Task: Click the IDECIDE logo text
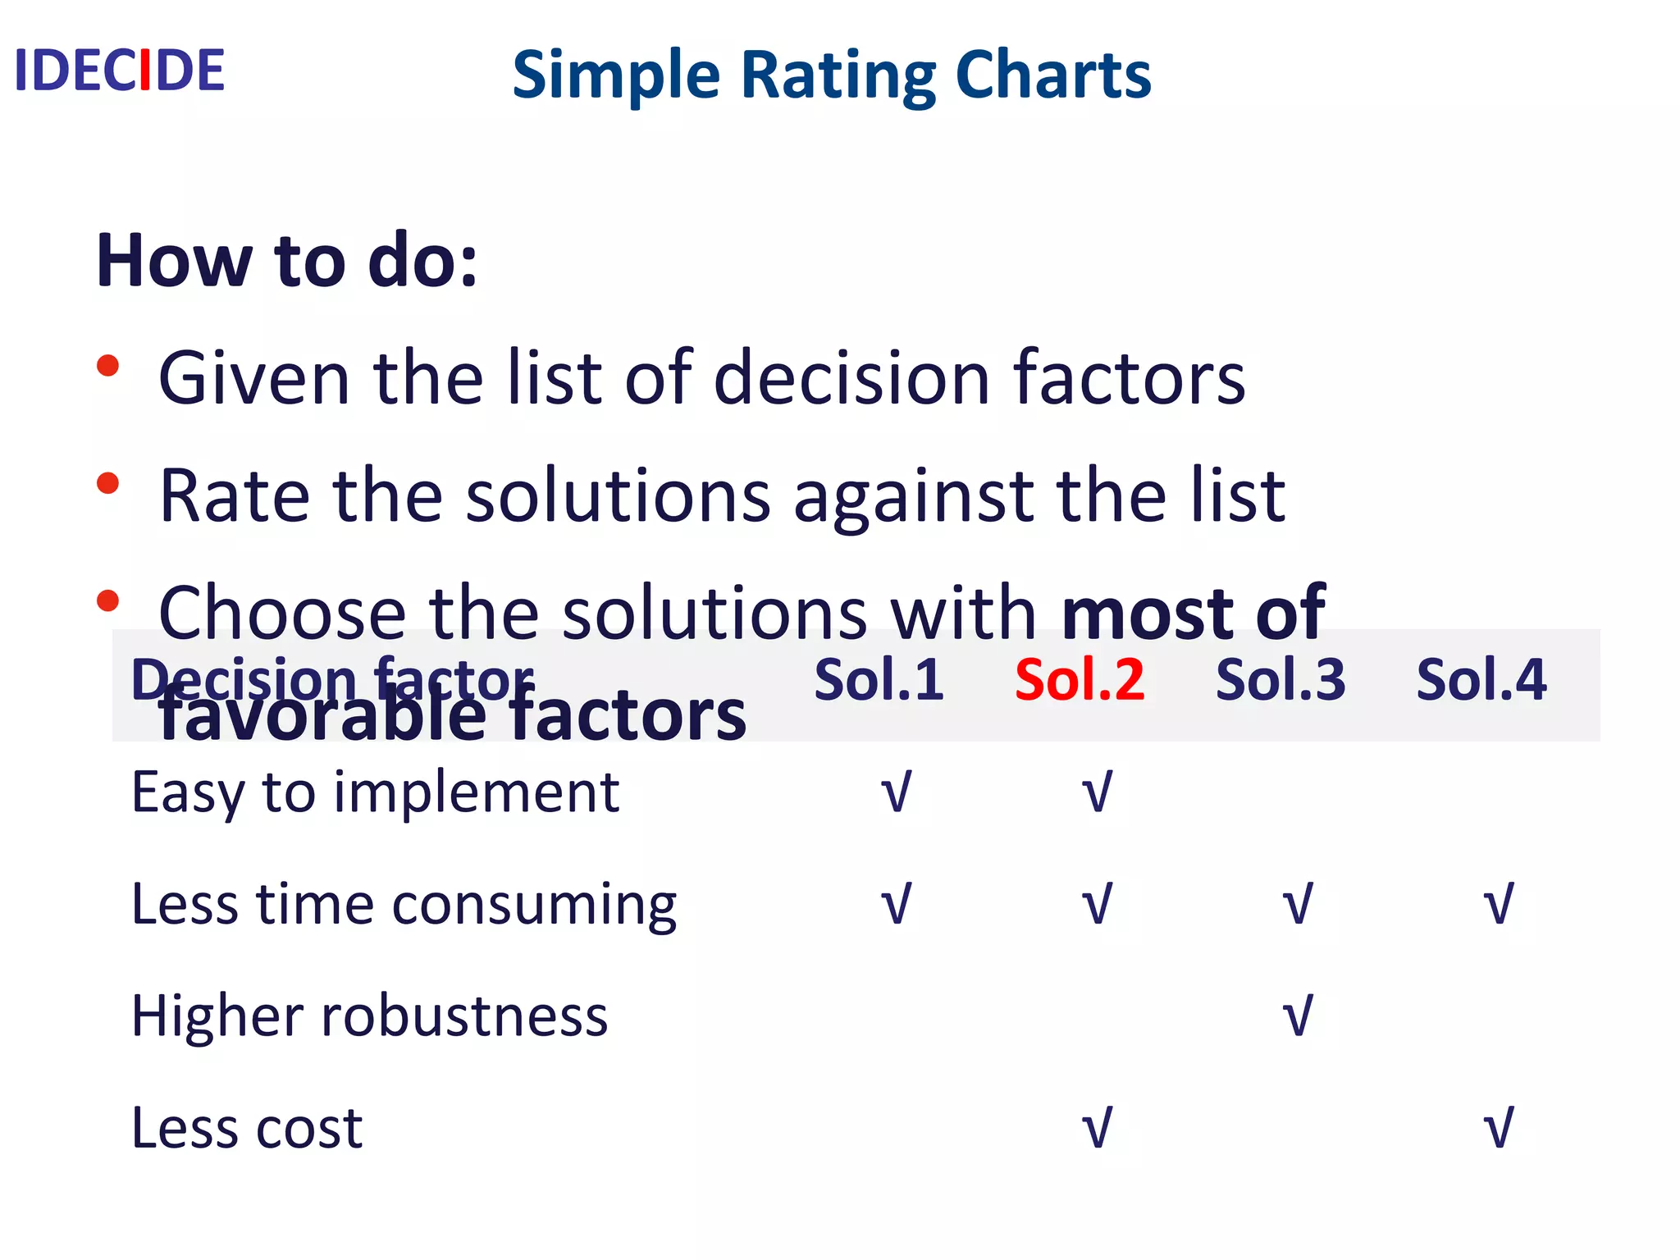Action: coord(120,71)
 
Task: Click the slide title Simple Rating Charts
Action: coord(831,75)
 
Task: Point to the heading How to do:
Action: coord(286,261)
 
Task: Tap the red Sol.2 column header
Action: coord(1080,680)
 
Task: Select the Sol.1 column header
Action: coord(879,680)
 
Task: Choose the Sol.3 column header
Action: coord(1281,680)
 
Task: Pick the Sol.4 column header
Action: coord(1481,680)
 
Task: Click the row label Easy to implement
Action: coord(375,793)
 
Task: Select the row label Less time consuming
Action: coord(404,905)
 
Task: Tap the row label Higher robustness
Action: coord(369,1016)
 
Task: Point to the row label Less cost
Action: coord(247,1128)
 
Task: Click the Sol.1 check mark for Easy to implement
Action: coord(896,792)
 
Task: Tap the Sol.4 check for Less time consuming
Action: coord(1499,905)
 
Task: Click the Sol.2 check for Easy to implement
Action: coord(1097,792)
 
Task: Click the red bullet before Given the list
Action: coord(107,366)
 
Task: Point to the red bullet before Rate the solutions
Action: coord(107,483)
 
